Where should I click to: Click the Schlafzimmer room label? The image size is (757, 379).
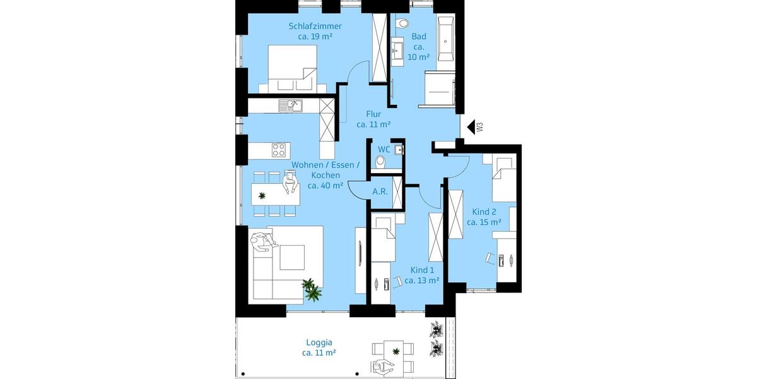[315, 31]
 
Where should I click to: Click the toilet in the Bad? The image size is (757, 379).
[402, 25]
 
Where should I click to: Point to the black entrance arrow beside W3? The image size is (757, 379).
[470, 128]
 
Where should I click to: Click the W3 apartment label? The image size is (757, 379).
[480, 128]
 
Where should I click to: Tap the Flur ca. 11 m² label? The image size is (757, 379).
[373, 119]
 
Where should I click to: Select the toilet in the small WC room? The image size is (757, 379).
[380, 163]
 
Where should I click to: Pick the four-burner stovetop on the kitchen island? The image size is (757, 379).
[279, 150]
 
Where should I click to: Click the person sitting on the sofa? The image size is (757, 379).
[262, 242]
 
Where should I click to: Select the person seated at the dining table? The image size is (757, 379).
[290, 184]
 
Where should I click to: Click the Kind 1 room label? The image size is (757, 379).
[422, 275]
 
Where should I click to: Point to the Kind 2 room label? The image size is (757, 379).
[484, 217]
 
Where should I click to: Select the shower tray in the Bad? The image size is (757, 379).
[439, 87]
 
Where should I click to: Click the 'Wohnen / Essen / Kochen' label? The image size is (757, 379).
[325, 175]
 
